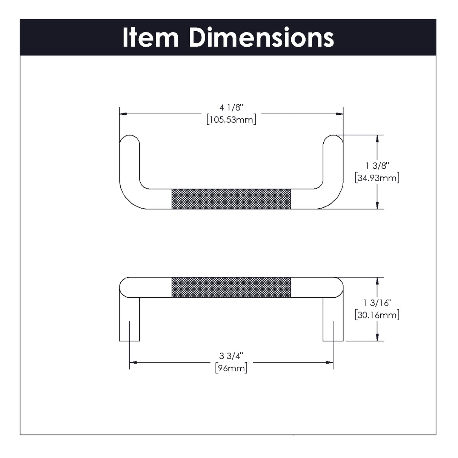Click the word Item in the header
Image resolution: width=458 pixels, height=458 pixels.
point(150,38)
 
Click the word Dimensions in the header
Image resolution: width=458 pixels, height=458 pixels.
point(261,38)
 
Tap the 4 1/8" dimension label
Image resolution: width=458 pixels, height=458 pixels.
point(232,108)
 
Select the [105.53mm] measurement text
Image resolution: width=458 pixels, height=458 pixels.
point(232,120)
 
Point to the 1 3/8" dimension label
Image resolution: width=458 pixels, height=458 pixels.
point(377,166)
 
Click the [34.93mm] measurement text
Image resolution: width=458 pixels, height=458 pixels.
point(377,178)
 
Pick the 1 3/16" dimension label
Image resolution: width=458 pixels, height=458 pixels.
point(377,303)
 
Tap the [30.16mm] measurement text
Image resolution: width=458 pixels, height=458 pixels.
point(377,315)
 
